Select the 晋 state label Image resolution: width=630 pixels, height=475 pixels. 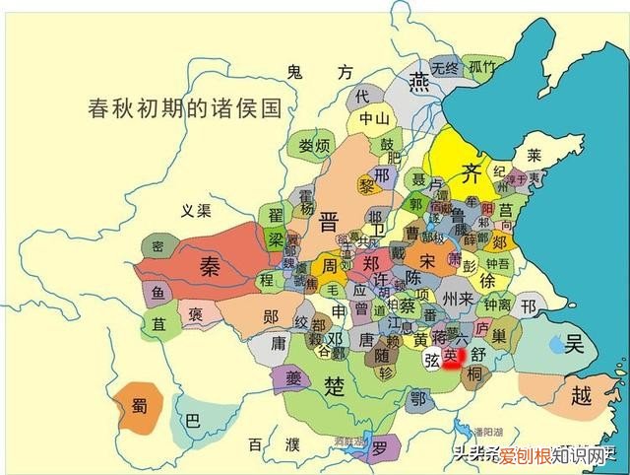(x=329, y=223)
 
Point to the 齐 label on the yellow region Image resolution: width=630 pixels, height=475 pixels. (x=471, y=172)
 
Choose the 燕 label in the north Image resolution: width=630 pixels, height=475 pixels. (x=422, y=80)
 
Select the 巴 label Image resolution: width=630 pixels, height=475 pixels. (x=193, y=421)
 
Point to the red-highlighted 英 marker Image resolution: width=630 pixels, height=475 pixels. (x=452, y=356)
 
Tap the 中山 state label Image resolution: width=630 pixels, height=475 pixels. (x=375, y=120)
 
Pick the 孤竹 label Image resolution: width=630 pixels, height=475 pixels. (x=481, y=68)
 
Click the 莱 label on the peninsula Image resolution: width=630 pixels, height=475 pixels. (x=534, y=156)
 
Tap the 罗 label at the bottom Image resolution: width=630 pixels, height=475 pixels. (x=379, y=448)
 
